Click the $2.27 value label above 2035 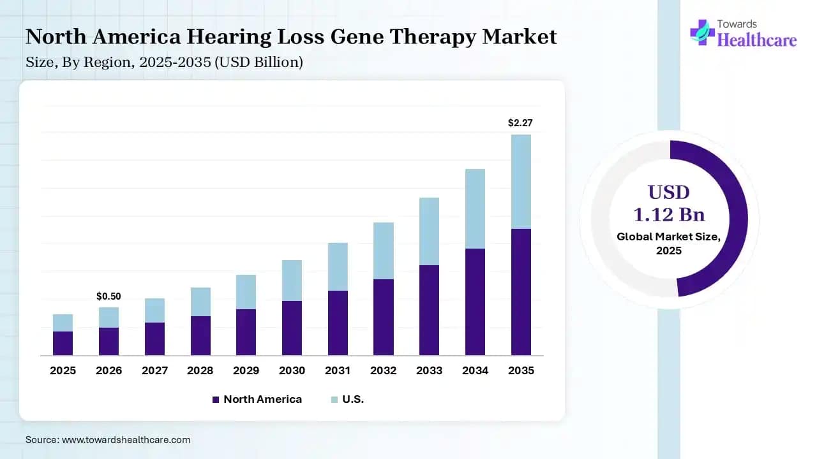pyautogui.click(x=520, y=123)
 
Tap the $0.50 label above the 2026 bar pyautogui.click(x=109, y=296)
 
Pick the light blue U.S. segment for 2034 pyautogui.click(x=475, y=208)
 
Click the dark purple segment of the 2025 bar pyautogui.click(x=63, y=343)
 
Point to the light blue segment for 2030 pyautogui.click(x=292, y=280)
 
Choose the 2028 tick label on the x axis pyautogui.click(x=200, y=370)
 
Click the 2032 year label pyautogui.click(x=383, y=370)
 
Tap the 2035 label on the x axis pyautogui.click(x=521, y=370)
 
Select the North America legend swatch pyautogui.click(x=215, y=400)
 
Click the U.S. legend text pyautogui.click(x=353, y=400)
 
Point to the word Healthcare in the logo pyautogui.click(x=757, y=40)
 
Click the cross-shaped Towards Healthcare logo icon pyautogui.click(x=702, y=32)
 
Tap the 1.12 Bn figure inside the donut pyautogui.click(x=669, y=214)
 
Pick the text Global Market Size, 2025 pyautogui.click(x=669, y=244)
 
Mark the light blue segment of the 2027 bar pyautogui.click(x=154, y=310)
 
